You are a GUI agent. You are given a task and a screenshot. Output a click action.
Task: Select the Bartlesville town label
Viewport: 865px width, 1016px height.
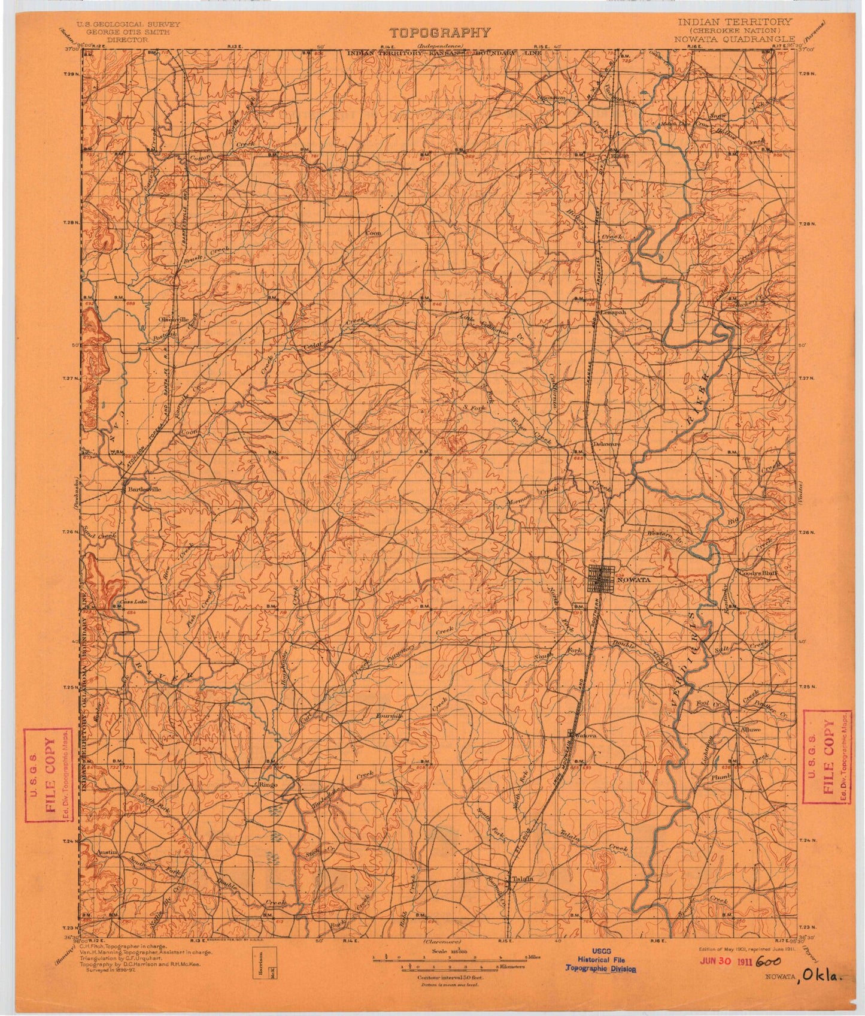(x=145, y=489)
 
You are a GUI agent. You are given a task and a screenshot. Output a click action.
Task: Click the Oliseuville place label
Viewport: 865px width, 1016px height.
(x=173, y=319)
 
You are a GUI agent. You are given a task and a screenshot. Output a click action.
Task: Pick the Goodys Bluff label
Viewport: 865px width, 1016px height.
(x=760, y=573)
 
